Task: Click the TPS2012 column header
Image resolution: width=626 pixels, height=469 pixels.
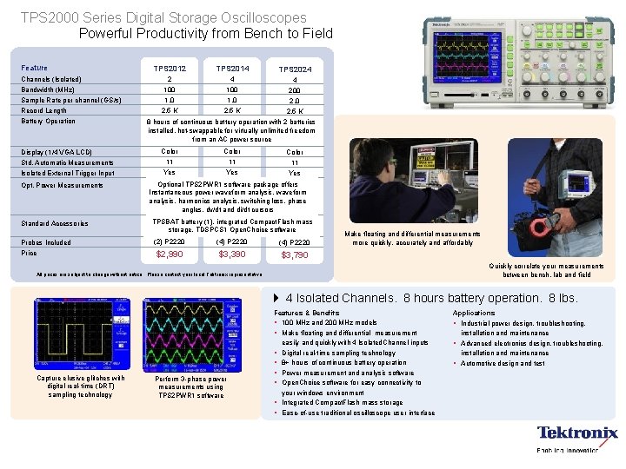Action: click(x=170, y=68)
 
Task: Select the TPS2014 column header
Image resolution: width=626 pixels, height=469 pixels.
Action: click(x=232, y=68)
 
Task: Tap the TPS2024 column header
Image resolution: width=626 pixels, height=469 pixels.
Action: click(x=296, y=69)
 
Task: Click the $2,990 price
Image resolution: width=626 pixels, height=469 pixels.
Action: click(x=169, y=254)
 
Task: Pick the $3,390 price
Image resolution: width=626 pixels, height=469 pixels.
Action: click(x=232, y=254)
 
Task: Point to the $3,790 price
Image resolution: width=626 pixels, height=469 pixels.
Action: click(x=295, y=255)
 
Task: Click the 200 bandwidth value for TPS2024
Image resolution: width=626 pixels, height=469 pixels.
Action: click(x=296, y=90)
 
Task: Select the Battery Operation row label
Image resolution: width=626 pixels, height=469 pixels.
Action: click(x=49, y=121)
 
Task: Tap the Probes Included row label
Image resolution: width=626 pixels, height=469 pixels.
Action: click(x=47, y=242)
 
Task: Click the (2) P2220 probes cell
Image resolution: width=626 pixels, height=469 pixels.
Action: click(x=170, y=241)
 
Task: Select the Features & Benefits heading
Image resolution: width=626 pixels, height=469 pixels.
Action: click(x=307, y=313)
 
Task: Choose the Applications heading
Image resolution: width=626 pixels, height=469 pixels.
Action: click(x=474, y=313)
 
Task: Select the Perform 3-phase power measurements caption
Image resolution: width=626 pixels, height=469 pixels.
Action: click(x=190, y=387)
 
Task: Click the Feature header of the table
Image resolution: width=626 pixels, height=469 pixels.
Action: click(x=35, y=68)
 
